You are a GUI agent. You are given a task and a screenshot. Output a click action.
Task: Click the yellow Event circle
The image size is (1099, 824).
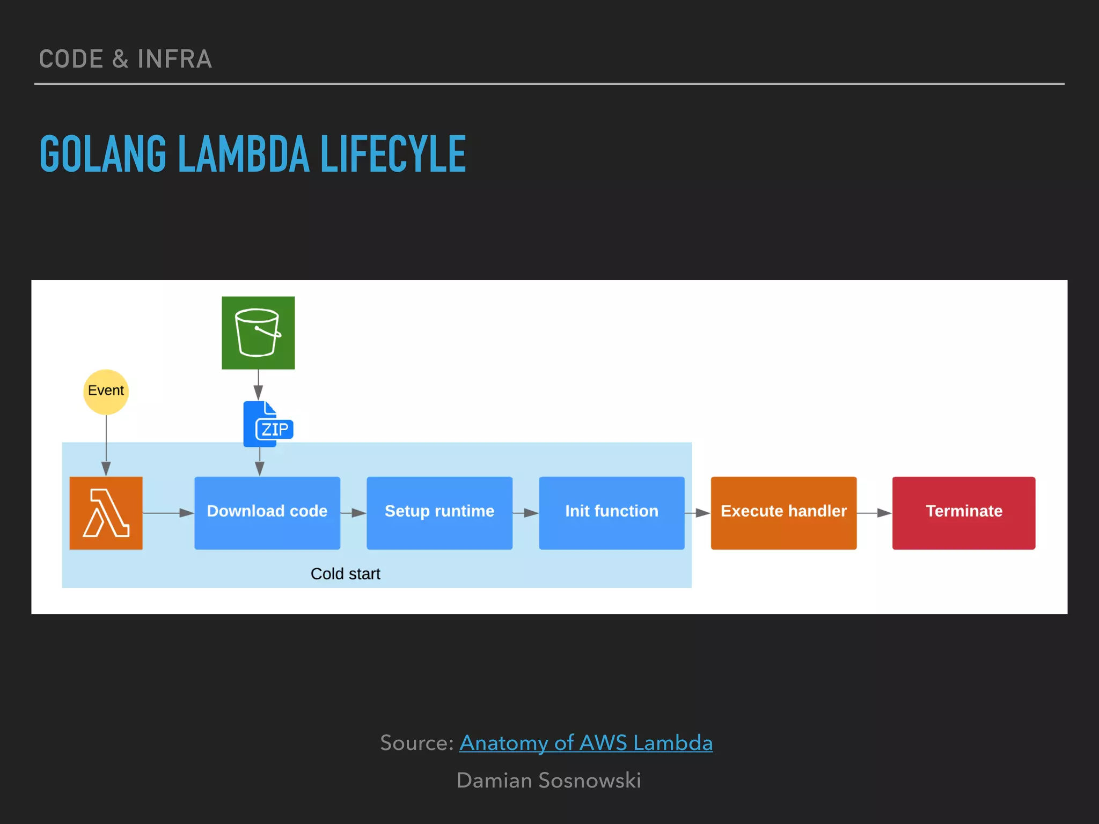(x=106, y=392)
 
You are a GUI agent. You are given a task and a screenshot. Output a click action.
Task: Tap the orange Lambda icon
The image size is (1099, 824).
(x=106, y=513)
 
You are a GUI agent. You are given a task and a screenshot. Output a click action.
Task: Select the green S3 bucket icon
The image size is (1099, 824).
(x=258, y=333)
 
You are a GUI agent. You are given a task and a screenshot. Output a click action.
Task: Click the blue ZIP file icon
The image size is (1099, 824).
(x=267, y=424)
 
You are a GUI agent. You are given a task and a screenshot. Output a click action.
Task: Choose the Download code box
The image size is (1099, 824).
(x=267, y=512)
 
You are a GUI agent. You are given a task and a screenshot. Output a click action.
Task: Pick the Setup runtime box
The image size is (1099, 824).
(x=439, y=512)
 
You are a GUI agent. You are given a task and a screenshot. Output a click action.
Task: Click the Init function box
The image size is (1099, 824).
(x=611, y=512)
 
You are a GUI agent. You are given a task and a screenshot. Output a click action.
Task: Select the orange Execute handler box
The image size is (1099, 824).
(x=783, y=512)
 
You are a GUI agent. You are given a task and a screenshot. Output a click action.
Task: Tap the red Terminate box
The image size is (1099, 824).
(x=963, y=512)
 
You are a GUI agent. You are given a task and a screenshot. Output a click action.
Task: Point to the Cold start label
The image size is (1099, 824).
(x=345, y=573)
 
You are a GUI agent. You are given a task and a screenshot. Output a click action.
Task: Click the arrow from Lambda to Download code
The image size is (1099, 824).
(x=168, y=513)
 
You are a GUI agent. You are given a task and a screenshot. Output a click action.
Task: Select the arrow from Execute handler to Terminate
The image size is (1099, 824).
(x=874, y=513)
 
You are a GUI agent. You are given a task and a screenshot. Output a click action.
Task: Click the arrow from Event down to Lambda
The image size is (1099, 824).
(x=106, y=445)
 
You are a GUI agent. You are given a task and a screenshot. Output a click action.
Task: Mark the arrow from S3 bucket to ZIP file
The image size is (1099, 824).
(x=258, y=384)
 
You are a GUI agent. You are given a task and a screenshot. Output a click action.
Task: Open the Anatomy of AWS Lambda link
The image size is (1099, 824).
(x=585, y=743)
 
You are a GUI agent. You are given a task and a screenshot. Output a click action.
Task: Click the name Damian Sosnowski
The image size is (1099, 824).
(x=548, y=780)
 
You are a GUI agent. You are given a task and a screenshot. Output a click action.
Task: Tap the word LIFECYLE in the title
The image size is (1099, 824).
(x=393, y=154)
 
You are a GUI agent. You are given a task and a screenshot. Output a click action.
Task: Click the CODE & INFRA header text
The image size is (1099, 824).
(x=125, y=59)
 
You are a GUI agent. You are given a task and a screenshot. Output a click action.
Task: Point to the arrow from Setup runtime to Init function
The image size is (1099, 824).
(x=525, y=513)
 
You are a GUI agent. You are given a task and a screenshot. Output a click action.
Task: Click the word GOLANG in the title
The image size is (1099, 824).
(x=103, y=154)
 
